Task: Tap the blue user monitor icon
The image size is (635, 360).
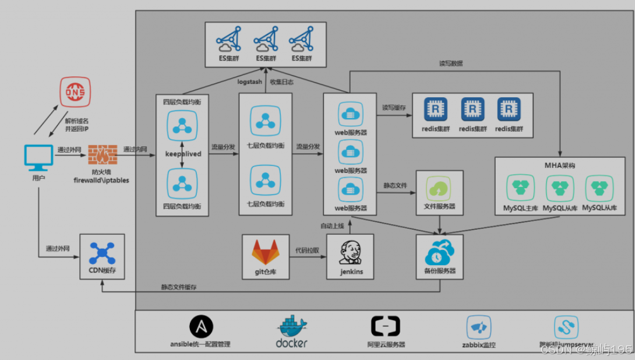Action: pos(38,156)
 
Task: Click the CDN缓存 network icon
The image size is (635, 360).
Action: pos(102,253)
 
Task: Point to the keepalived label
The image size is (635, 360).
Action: pos(183,154)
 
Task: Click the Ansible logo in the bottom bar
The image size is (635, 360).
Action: pos(201,327)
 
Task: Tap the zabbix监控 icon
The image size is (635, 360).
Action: pos(478,327)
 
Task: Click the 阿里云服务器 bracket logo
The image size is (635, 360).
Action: pos(385,327)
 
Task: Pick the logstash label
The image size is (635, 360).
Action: pos(249,82)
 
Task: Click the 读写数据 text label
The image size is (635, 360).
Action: pos(451,63)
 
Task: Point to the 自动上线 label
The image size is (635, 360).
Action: pos(333,225)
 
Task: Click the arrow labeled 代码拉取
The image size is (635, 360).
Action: pos(307,256)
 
